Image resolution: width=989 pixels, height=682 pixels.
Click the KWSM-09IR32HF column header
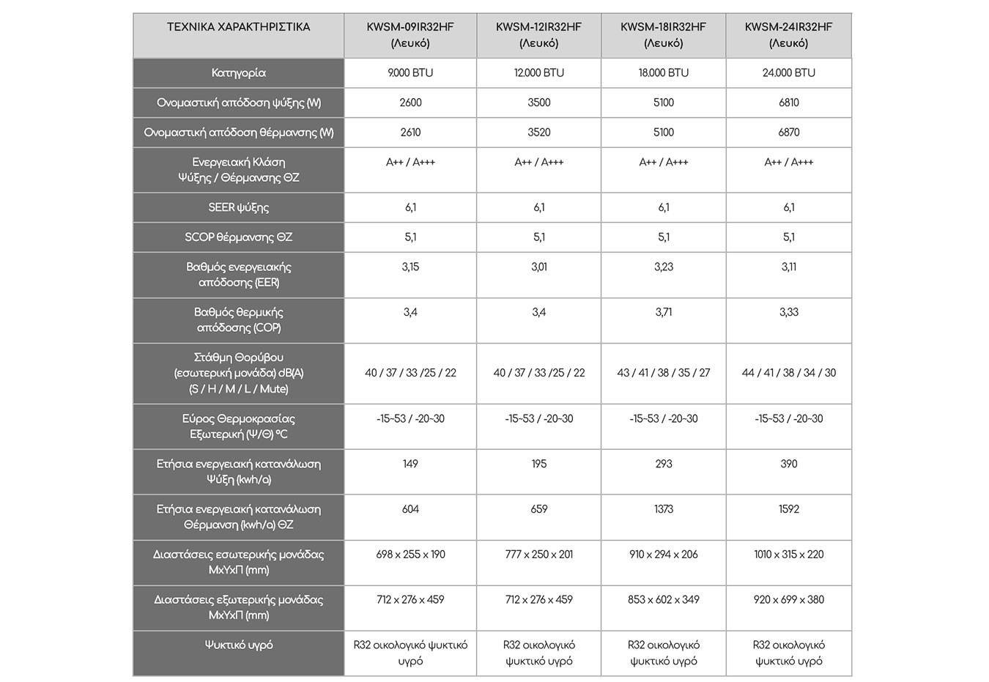click(410, 34)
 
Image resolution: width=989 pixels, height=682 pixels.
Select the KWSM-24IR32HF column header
click(788, 34)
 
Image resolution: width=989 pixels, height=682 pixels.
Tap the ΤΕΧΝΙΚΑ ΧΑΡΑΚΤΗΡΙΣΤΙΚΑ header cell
click(238, 27)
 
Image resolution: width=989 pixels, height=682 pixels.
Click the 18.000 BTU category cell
click(663, 73)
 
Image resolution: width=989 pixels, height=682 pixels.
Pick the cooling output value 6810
click(788, 103)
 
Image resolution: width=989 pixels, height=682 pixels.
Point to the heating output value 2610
click(410, 133)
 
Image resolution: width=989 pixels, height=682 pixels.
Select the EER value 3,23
click(663, 267)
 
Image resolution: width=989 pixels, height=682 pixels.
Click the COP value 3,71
click(663, 312)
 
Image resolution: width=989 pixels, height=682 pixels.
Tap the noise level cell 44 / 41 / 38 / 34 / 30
click(788, 373)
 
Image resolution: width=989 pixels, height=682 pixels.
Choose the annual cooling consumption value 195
click(538, 464)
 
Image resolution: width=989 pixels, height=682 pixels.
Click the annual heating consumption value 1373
click(663, 509)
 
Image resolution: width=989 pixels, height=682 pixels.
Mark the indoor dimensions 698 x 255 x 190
click(410, 555)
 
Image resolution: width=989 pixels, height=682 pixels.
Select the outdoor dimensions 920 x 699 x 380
click(788, 600)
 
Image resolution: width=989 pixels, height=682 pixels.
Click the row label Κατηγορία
click(238, 73)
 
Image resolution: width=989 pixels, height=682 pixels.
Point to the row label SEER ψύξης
click(238, 207)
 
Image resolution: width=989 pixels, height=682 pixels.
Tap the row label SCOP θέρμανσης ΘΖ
click(238, 237)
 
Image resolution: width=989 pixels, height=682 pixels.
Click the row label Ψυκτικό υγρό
click(238, 645)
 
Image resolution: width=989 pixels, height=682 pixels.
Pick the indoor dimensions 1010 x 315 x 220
click(788, 555)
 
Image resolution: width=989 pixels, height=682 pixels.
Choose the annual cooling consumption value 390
click(788, 464)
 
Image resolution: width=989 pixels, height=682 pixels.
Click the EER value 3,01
click(538, 267)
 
